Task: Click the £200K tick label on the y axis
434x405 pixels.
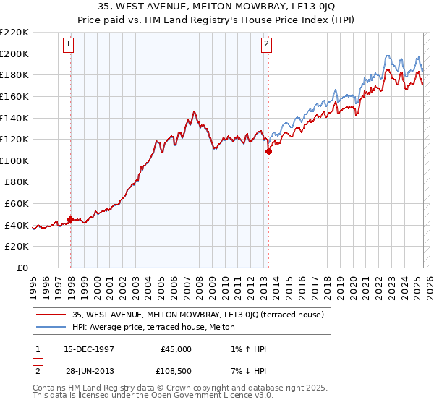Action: [14, 54]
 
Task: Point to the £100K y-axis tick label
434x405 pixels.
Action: [14, 161]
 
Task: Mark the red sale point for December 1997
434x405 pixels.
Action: [70, 219]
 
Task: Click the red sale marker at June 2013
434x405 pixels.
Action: [268, 151]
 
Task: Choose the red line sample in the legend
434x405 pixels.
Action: [52, 315]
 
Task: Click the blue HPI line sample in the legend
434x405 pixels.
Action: [52, 327]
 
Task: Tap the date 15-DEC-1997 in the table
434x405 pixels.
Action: [89, 349]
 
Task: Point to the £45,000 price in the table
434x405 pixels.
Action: [175, 349]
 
